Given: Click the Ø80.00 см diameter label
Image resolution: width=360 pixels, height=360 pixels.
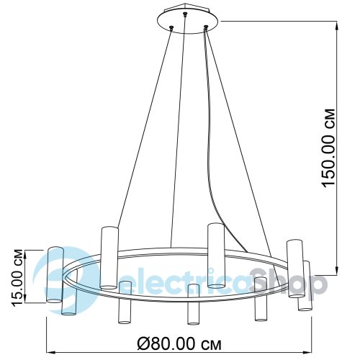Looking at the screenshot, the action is (179, 344).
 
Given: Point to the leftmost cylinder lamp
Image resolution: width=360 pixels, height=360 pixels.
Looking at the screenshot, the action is (55, 274).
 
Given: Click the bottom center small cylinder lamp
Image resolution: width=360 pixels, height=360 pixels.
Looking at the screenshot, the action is (193, 304).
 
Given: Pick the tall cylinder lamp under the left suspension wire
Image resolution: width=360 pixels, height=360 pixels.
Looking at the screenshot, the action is (109, 257).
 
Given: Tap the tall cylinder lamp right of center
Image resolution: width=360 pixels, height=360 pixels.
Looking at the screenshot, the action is (216, 256).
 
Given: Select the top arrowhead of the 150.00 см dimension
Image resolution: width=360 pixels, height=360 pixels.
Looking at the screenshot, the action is (337, 25).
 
